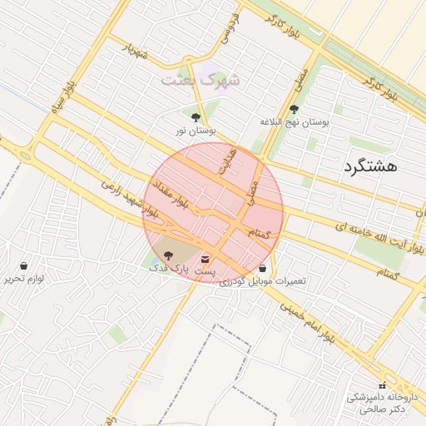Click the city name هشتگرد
[x=370, y=166]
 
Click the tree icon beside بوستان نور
[x=196, y=117]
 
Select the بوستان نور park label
[x=195, y=131]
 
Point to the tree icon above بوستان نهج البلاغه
[x=294, y=109]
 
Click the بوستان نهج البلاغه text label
[x=294, y=122]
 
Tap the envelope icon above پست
[x=205, y=261]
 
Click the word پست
[x=205, y=273]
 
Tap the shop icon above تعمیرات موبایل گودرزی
[x=263, y=269]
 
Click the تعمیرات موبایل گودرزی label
[x=263, y=282]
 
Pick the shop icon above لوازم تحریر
[x=23, y=266]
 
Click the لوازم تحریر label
[x=23, y=279]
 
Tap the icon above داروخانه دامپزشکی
[x=382, y=385]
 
